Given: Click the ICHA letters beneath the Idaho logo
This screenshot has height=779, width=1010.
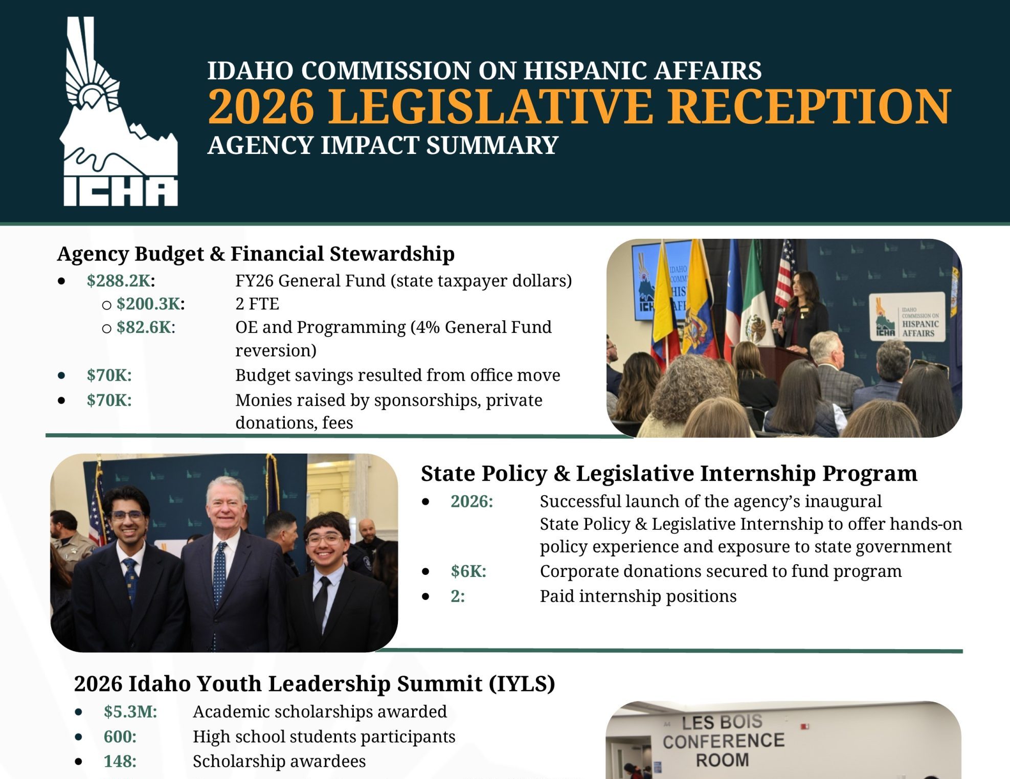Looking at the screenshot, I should pyautogui.click(x=120, y=192).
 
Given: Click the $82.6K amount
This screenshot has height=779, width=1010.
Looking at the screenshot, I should pyautogui.click(x=146, y=327).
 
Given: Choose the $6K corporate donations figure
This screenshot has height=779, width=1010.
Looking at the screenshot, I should pyautogui.click(x=468, y=571).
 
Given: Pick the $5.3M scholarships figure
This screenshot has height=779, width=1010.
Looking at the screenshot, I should pyautogui.click(x=130, y=711).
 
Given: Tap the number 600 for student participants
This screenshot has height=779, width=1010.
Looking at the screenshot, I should pyautogui.click(x=120, y=737).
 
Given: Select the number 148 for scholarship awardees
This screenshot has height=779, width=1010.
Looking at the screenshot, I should pyautogui.click(x=120, y=761).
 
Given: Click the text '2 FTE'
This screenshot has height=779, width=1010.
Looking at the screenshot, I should pyautogui.click(x=257, y=304).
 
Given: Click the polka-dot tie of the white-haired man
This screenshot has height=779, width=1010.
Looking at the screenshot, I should pyautogui.click(x=220, y=573).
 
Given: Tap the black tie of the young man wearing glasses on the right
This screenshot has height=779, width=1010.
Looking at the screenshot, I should pyautogui.click(x=321, y=604).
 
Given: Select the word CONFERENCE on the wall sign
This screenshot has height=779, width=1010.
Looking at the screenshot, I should pyautogui.click(x=723, y=741).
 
